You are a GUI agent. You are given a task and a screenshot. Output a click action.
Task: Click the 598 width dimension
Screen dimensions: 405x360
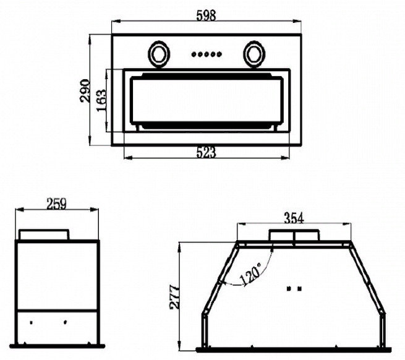pyautogui.click(x=206, y=15)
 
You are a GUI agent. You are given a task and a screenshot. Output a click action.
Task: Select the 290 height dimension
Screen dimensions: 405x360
pyautogui.click(x=85, y=91)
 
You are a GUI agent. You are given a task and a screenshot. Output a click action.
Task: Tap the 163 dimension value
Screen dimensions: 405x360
pyautogui.click(x=101, y=100)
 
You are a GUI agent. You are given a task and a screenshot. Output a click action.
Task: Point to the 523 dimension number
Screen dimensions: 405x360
pyautogui.click(x=206, y=152)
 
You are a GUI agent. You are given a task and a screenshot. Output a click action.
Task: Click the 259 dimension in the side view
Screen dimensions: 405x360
pyautogui.click(x=56, y=204)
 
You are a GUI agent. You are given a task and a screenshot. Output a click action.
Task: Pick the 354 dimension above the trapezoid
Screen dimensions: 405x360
pyautogui.click(x=294, y=218)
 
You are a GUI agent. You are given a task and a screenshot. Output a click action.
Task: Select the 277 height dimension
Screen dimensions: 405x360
pyautogui.click(x=174, y=297)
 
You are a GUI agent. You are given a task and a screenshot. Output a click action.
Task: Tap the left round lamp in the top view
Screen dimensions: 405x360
pyautogui.click(x=158, y=54)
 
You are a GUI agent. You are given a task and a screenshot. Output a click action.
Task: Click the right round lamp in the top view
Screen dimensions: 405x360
pyautogui.click(x=254, y=54)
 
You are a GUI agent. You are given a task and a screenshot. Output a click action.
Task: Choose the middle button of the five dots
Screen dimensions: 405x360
pyautogui.click(x=207, y=54)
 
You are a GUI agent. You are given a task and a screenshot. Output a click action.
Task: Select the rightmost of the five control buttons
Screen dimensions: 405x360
pyautogui.click(x=219, y=54)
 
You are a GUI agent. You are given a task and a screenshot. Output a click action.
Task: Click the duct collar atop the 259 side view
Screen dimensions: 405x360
pyautogui.click(x=44, y=234)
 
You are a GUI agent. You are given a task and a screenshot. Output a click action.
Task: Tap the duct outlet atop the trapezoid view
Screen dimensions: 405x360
pyautogui.click(x=294, y=235)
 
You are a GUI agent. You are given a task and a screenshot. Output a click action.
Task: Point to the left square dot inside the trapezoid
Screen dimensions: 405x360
pyautogui.click(x=289, y=288)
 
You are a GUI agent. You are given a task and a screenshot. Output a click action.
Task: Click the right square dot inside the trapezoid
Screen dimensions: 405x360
pyautogui.click(x=299, y=288)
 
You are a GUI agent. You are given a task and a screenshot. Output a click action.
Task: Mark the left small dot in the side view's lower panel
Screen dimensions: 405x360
pyautogui.click(x=32, y=322)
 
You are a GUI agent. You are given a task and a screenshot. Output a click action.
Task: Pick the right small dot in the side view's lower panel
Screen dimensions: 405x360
pyautogui.click(x=66, y=322)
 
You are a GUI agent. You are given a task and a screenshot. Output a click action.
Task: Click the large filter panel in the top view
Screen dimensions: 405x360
pyautogui.click(x=207, y=100)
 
